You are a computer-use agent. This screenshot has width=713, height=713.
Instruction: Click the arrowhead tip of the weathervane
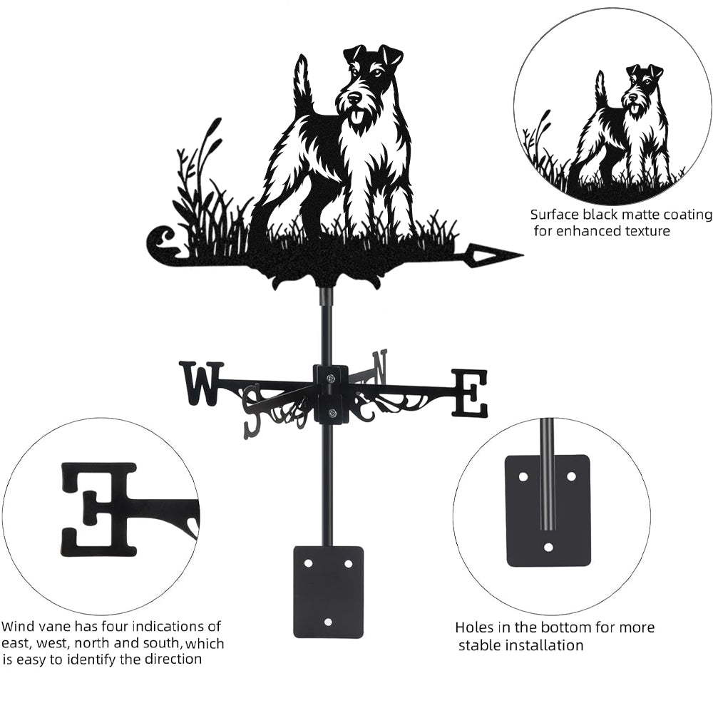pyautogui.click(x=523, y=255)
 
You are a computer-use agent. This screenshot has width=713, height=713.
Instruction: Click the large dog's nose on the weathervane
pyautogui.click(x=353, y=97)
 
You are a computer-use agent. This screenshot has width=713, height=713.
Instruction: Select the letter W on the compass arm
pyautogui.click(x=202, y=383)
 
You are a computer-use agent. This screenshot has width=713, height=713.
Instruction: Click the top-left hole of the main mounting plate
pyautogui.click(x=309, y=563)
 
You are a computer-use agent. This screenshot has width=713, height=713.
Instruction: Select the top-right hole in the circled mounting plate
pyautogui.click(x=571, y=476)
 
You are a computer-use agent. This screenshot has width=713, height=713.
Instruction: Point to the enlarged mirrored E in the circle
pyautogui.click(x=99, y=511)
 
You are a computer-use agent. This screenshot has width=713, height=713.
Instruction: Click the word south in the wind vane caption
pyautogui.click(x=162, y=643)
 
